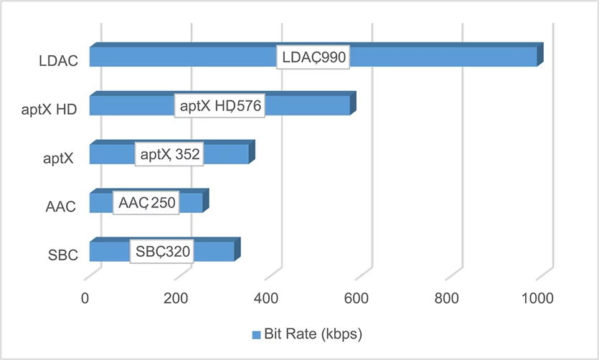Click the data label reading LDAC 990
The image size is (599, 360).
(313, 57)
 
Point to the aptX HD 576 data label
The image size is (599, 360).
(220, 105)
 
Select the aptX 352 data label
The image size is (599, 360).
(169, 154)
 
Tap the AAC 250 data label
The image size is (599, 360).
(146, 203)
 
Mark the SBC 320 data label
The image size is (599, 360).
(162, 251)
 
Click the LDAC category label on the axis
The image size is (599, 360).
(58, 61)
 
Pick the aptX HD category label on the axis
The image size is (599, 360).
(49, 110)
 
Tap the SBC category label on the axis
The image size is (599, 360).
(63, 255)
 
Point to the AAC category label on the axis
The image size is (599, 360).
(61, 207)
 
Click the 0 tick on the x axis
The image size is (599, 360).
(85, 298)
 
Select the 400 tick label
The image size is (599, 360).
(266, 298)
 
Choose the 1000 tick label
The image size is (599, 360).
(537, 298)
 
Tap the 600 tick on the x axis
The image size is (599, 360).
(356, 298)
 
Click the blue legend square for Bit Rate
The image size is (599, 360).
(256, 335)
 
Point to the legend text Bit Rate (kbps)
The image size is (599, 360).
(313, 334)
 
